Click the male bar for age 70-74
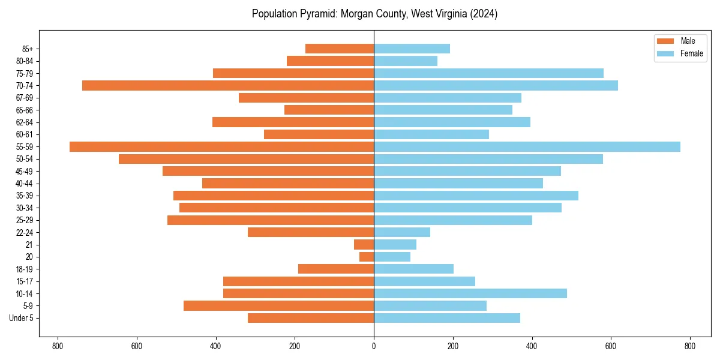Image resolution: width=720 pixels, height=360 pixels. pos(228,86)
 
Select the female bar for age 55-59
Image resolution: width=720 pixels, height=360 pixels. pos(527,147)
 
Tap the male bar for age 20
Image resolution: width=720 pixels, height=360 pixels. pos(367,257)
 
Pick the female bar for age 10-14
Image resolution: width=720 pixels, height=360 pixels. pos(470,293)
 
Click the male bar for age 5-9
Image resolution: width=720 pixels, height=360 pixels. pos(278,305)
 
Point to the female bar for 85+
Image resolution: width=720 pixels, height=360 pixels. pos(412,49)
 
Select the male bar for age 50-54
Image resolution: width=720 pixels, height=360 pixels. pos(246,159)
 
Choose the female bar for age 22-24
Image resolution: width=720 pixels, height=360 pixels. pos(402,232)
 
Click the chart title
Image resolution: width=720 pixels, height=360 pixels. pos(374,14)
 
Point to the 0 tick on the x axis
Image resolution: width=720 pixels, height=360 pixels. pos(374,346)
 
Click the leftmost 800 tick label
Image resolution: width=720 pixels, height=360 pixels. pos(58,346)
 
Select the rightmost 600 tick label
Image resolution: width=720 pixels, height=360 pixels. pos(611,346)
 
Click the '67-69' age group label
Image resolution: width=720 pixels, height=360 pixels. pos(25,98)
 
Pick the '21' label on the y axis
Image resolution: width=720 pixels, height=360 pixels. pos(29,245)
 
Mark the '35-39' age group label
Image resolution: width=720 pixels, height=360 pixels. pos(25,196)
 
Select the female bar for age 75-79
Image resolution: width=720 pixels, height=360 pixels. pos(488,73)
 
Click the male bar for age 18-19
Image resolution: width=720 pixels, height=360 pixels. pos(336,269)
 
